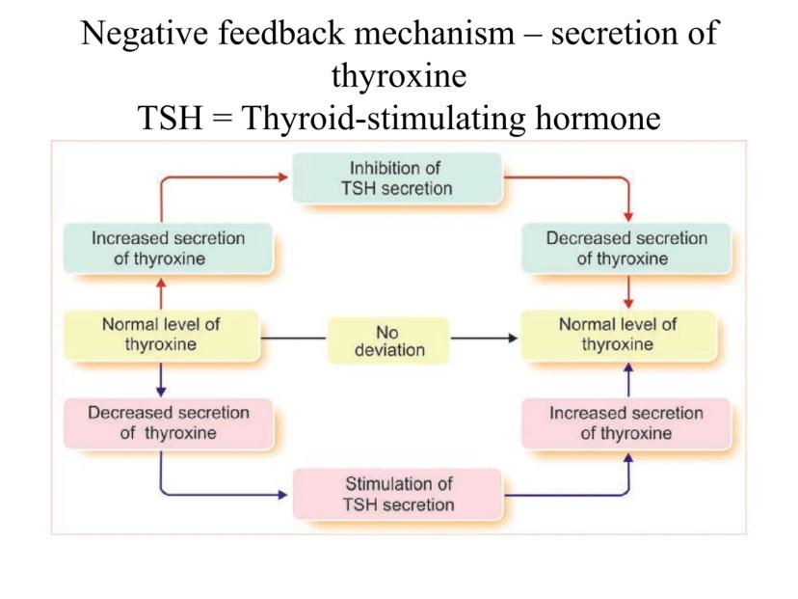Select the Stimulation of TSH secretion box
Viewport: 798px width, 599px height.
pyautogui.click(x=398, y=493)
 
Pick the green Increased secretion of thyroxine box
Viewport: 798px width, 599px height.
pyautogui.click(x=167, y=248)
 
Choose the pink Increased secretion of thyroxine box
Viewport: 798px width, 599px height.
pyautogui.click(x=627, y=422)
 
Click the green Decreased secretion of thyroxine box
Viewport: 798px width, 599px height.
pyautogui.click(x=627, y=248)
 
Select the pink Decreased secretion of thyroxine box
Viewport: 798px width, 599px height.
pyautogui.click(x=168, y=422)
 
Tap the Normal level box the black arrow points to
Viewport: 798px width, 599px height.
pyautogui.click(x=627, y=335)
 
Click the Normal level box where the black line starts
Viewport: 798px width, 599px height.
pyautogui.click(x=161, y=335)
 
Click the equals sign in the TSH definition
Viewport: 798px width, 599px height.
pyautogui.click(x=242, y=127)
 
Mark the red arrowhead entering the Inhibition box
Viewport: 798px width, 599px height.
pyautogui.click(x=286, y=177)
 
